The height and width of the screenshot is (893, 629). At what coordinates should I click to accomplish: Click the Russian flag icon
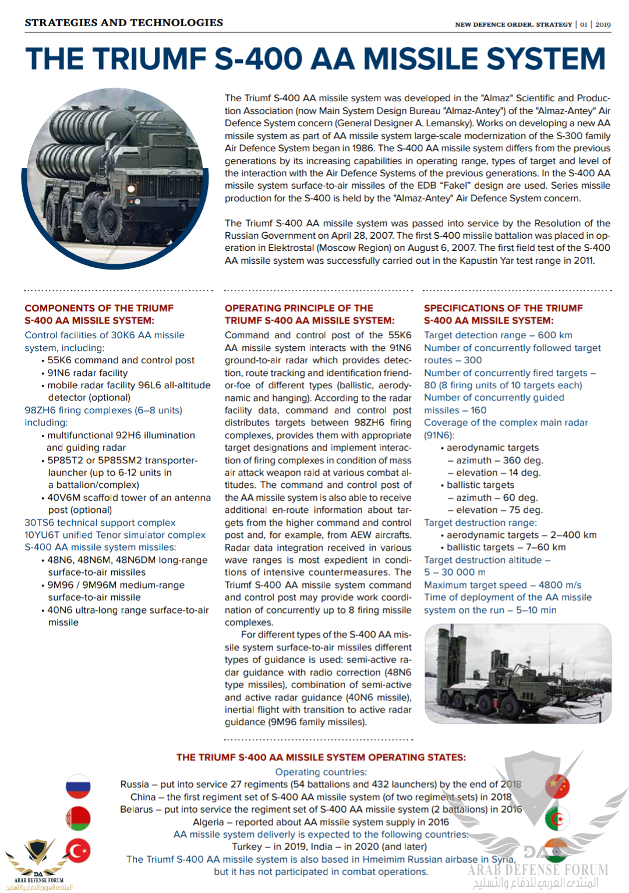point(78,786)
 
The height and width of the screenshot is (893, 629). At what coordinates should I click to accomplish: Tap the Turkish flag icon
point(78,851)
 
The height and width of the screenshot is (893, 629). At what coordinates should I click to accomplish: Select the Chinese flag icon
point(557,786)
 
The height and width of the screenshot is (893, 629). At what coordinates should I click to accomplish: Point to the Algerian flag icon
point(557,819)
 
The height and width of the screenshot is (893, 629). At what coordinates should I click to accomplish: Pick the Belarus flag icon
point(78,818)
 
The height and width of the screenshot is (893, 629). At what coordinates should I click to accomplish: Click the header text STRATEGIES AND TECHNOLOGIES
point(123,23)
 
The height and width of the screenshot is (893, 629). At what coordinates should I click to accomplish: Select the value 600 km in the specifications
point(555,335)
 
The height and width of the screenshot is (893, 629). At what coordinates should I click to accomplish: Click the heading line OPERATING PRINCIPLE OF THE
point(299,309)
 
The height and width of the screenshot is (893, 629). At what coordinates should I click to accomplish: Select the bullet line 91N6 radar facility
point(87,373)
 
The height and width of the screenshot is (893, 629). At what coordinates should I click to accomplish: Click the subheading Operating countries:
point(321,772)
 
